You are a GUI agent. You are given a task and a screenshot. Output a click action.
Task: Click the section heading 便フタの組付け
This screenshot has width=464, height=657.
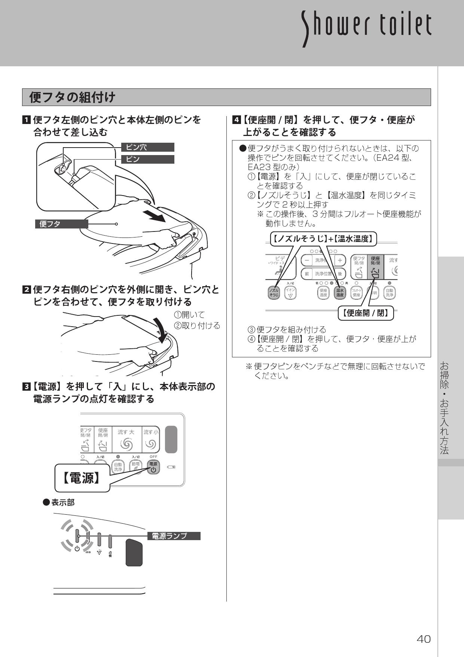click(x=73, y=97)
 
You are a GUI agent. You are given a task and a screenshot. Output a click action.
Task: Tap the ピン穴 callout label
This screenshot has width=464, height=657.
click(x=148, y=147)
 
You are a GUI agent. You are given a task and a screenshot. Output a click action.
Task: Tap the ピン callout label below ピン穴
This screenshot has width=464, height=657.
click(x=148, y=159)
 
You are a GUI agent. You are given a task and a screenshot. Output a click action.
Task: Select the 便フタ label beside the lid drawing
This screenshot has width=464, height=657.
click(x=61, y=224)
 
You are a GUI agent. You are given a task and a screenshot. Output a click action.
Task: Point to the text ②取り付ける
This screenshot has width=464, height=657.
click(x=197, y=326)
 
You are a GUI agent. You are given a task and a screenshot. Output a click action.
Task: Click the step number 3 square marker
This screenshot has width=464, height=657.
click(x=27, y=387)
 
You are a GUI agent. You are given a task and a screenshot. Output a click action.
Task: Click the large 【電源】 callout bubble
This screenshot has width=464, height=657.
click(x=82, y=478)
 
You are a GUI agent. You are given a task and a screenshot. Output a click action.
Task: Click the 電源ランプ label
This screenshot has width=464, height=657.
click(x=174, y=536)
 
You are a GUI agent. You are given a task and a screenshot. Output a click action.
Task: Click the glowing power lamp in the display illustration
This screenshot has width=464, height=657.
click(x=77, y=536)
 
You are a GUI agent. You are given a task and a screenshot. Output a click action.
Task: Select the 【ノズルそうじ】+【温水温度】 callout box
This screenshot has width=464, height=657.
click(x=323, y=239)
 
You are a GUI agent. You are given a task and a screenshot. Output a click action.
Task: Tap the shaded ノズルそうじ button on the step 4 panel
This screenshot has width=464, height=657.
click(x=274, y=293)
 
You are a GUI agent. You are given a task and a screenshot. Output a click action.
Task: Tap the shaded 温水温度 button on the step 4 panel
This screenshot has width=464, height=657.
click(x=339, y=293)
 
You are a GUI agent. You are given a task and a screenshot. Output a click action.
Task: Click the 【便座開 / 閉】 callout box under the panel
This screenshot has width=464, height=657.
click(x=366, y=313)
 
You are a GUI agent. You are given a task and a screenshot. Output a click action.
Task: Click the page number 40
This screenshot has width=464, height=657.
click(x=424, y=639)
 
